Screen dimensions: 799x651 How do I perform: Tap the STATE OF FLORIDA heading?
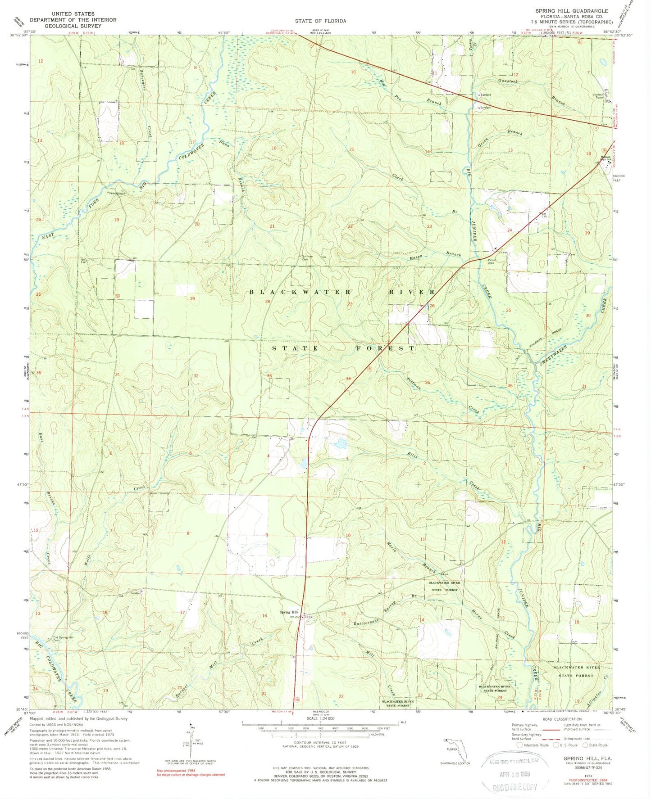tap(320, 21)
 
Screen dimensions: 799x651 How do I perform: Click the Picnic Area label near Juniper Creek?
tap(492, 262)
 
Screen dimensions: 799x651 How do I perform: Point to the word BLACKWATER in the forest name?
tap(300, 292)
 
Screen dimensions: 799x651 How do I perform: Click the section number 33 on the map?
tap(269, 376)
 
